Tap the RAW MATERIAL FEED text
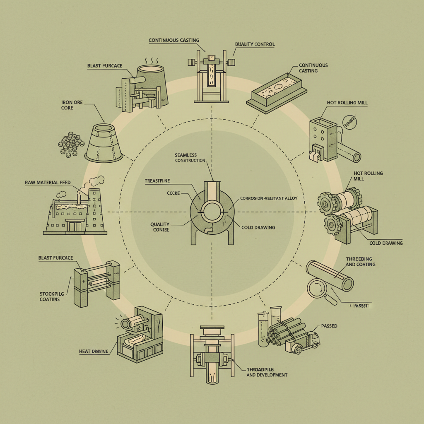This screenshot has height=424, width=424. pos(47,182)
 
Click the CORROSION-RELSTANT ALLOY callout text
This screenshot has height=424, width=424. pos(269,199)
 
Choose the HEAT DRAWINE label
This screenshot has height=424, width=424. pos(94,352)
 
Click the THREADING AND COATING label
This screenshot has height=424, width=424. pos(360,261)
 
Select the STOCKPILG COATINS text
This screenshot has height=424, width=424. pos(50,296)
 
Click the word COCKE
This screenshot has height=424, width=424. pos(173,193)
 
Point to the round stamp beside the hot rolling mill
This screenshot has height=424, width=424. pos(350,122)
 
